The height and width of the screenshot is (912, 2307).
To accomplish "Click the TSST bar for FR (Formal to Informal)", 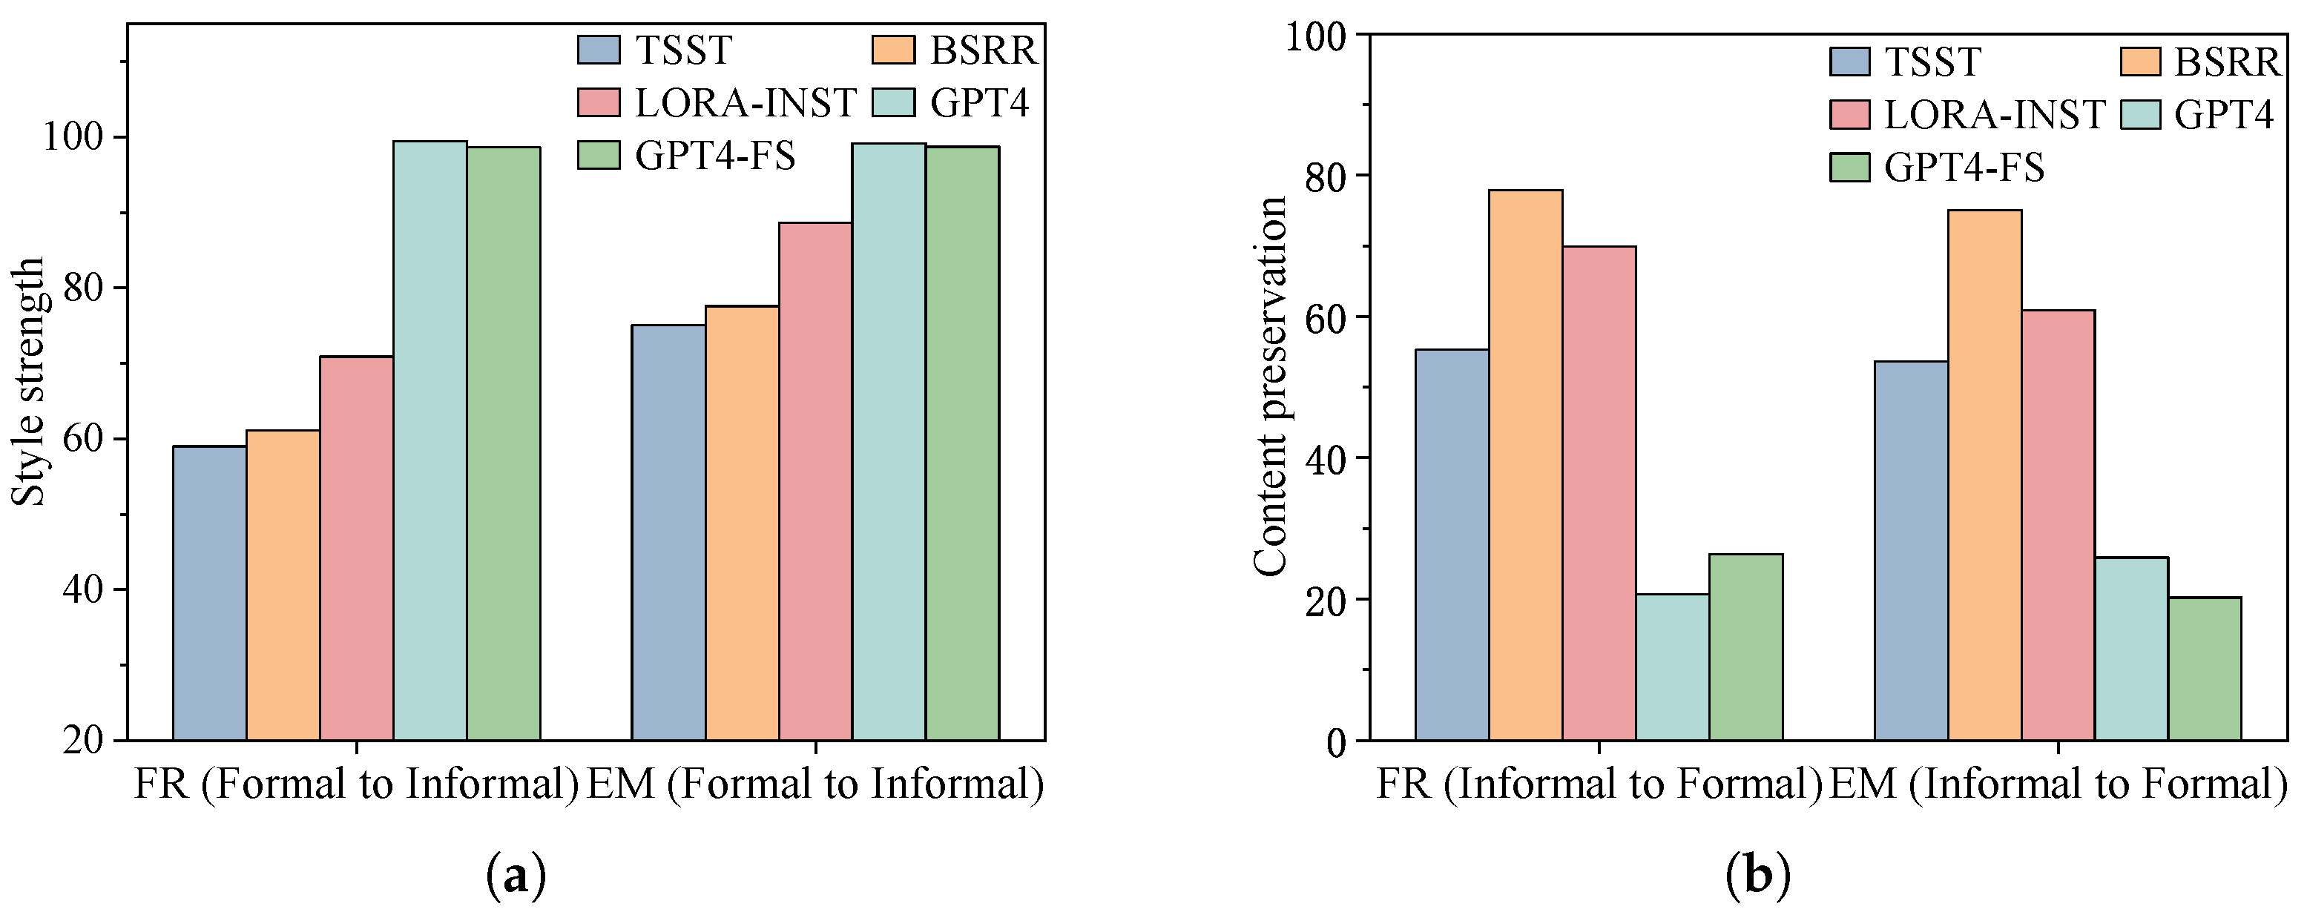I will tap(210, 592).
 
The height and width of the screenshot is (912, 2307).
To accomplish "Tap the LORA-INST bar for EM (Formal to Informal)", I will tap(815, 480).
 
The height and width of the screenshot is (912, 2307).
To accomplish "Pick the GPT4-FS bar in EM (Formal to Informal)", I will tap(962, 443).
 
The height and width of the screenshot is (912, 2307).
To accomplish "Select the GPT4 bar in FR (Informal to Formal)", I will tap(1672, 667).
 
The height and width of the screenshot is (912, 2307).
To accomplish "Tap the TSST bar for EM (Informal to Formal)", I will tap(1911, 550).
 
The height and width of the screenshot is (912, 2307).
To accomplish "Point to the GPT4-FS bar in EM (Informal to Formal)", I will tap(2204, 669).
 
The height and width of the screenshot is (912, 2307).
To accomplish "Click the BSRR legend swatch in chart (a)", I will tap(893, 50).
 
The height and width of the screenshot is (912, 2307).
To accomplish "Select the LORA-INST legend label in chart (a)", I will tap(745, 103).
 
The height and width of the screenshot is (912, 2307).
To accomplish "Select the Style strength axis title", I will tap(29, 381).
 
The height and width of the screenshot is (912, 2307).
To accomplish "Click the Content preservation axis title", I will tap(1269, 386).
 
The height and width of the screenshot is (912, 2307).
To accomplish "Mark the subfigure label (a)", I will tap(515, 877).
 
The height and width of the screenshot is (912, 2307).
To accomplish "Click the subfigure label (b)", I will tap(1757, 877).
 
